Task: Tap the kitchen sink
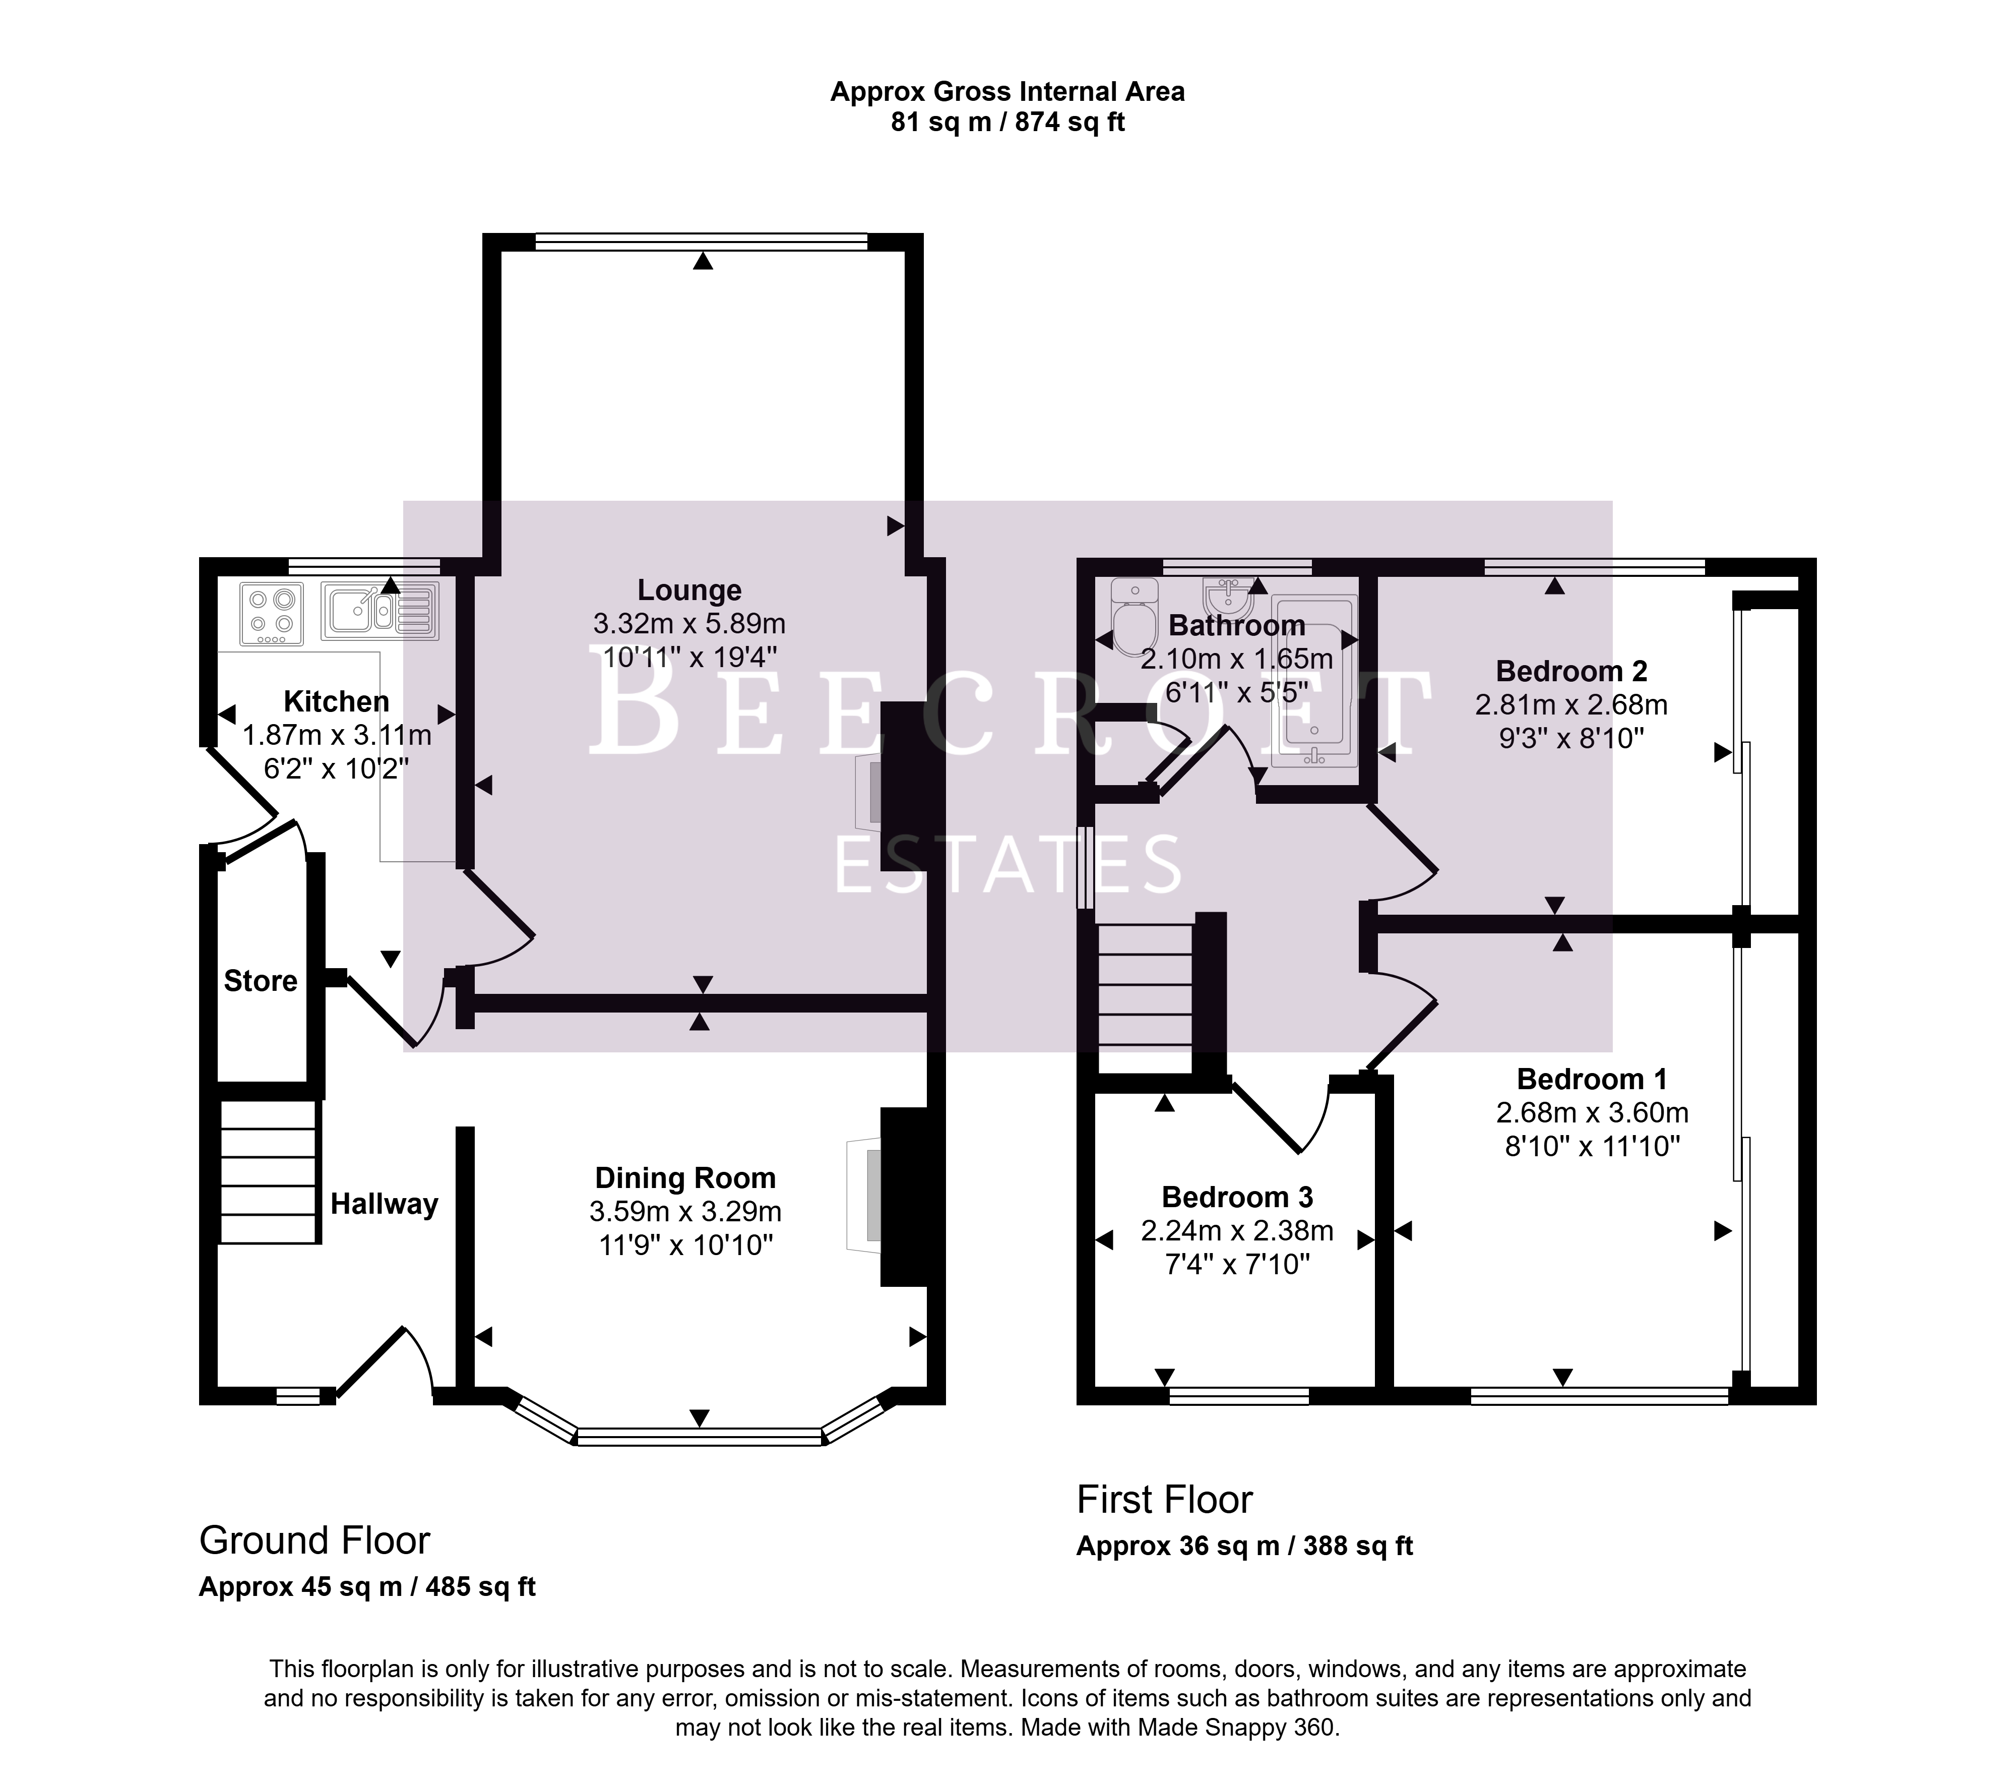[380, 610]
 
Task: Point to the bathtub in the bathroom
[1315, 681]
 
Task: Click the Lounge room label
[689, 590]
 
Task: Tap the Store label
[261, 981]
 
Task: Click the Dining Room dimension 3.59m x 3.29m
[685, 1212]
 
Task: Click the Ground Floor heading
[314, 1540]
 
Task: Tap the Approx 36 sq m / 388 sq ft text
[1245, 1546]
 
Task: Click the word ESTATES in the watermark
[1008, 864]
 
